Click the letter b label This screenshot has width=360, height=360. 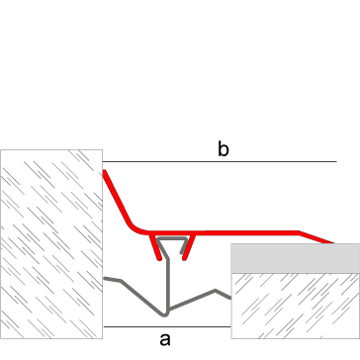point(224,149)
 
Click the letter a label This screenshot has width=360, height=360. point(165,339)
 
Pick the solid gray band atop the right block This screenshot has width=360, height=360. point(295,258)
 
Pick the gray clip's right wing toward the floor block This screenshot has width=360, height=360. point(213,292)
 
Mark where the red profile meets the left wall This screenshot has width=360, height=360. point(104,172)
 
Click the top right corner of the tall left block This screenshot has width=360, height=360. point(102,150)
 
